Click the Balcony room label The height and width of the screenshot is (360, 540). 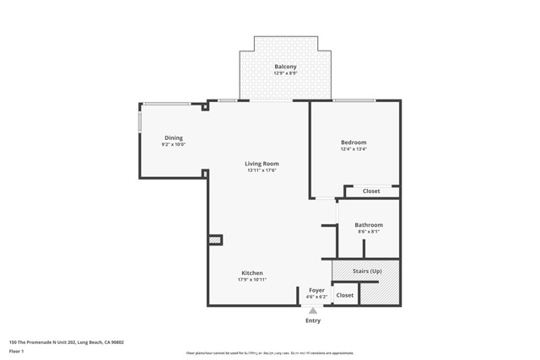pyautogui.click(x=285, y=67)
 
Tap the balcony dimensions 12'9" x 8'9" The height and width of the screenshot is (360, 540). pyautogui.click(x=285, y=73)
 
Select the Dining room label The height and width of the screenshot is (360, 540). pyautogui.click(x=173, y=138)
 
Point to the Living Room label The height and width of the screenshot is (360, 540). pyautogui.click(x=262, y=164)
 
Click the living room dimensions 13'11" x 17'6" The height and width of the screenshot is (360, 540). pyautogui.click(x=262, y=170)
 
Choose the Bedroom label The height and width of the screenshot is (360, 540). pyautogui.click(x=354, y=142)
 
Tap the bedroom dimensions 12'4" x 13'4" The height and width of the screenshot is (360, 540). pyautogui.click(x=354, y=149)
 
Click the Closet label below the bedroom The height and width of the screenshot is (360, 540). pyautogui.click(x=371, y=191)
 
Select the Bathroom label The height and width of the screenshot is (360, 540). pyautogui.click(x=369, y=225)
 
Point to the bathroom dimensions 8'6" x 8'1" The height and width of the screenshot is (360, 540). pyautogui.click(x=369, y=232)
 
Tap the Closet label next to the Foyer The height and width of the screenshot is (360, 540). pyautogui.click(x=345, y=295)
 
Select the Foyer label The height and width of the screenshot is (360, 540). pyautogui.click(x=316, y=290)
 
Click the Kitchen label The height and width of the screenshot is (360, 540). pyautogui.click(x=252, y=273)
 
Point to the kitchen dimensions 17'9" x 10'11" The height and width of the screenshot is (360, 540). pyautogui.click(x=252, y=280)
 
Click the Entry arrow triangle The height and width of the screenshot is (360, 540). pyautogui.click(x=312, y=311)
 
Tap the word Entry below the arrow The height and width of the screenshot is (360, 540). pyautogui.click(x=312, y=320)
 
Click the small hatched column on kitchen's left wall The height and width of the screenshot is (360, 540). pyautogui.click(x=215, y=240)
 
